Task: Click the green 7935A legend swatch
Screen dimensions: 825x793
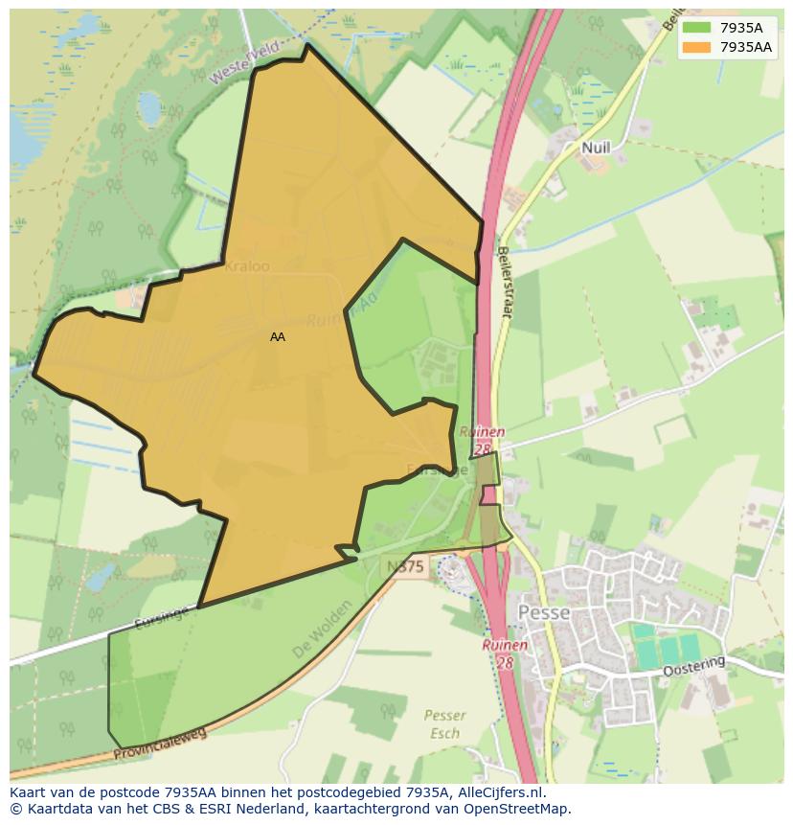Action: (x=697, y=27)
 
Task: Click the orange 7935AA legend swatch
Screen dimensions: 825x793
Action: (x=697, y=47)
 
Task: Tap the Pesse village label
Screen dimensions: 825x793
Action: (x=543, y=612)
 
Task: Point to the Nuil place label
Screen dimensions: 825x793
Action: (x=595, y=148)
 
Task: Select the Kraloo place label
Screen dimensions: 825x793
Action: (x=246, y=266)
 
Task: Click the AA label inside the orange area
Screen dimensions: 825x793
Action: (x=278, y=337)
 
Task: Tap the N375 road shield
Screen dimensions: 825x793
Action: (x=405, y=566)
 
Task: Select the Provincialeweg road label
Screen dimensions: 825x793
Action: (x=160, y=743)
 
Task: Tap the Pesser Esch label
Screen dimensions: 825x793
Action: (x=445, y=724)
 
